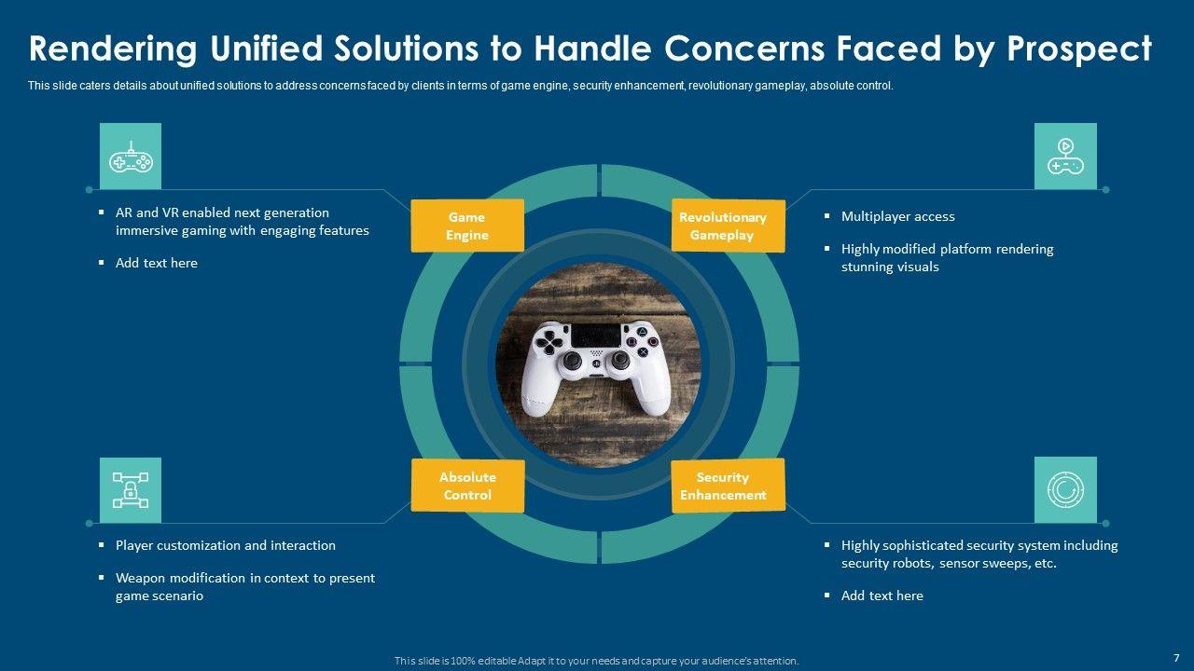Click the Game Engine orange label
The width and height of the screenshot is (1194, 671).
[466, 226]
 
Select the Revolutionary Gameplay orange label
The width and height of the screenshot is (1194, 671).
[728, 226]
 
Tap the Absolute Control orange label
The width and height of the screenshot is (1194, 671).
[467, 486]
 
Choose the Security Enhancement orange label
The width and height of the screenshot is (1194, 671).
[728, 486]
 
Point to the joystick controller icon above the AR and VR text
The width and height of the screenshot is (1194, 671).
[131, 157]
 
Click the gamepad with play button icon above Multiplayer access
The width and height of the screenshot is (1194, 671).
[1065, 157]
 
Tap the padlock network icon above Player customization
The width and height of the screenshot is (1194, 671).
[131, 490]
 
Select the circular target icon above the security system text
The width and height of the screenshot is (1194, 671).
[1065, 490]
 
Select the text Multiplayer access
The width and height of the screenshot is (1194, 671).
[897, 216]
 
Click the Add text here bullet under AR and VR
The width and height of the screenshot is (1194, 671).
[157, 263]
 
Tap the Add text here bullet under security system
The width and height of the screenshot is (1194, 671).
[882, 596]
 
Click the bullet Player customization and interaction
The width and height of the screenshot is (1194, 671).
[225, 545]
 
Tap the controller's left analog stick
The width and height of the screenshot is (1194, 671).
[574, 361]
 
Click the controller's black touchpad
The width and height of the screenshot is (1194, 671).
[596, 335]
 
